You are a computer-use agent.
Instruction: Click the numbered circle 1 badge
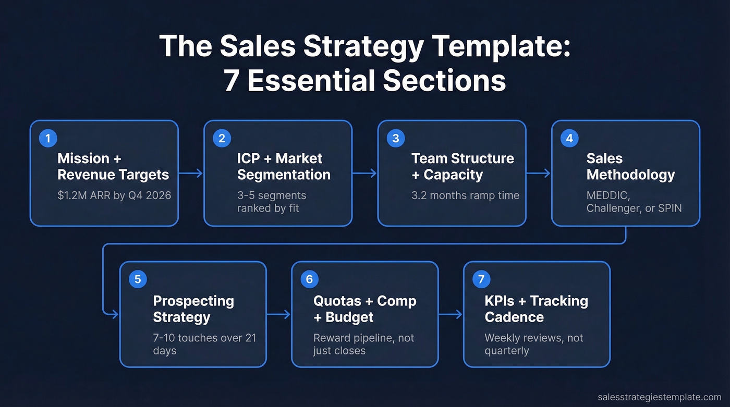coord(48,138)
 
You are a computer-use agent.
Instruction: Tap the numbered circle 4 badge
coord(569,138)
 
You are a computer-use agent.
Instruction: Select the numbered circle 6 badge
coord(309,279)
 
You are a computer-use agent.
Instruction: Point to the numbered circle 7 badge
coord(481,279)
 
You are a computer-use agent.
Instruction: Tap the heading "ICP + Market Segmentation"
coord(284,166)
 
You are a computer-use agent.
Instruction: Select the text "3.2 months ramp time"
coord(465,195)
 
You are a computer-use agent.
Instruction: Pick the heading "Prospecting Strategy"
coord(193,309)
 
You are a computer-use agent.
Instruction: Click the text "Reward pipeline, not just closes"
coord(363,344)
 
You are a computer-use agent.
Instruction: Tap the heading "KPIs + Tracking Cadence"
coord(536,309)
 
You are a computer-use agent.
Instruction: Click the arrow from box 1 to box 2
coord(191,174)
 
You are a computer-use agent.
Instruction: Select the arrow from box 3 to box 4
coord(539,174)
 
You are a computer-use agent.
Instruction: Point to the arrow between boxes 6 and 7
coord(451,314)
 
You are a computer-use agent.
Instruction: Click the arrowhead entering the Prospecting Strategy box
coord(115,314)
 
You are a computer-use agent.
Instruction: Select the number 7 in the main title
coord(232,81)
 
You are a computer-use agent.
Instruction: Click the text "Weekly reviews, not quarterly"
coord(533,344)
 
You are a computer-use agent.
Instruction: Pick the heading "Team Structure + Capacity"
coord(463,166)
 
